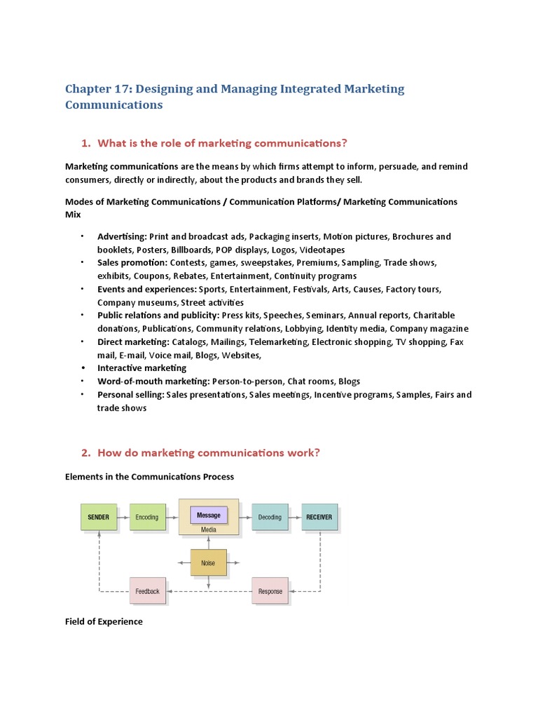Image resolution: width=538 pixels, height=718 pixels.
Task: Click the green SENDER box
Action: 98,517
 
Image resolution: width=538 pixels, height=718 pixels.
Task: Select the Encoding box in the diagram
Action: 147,517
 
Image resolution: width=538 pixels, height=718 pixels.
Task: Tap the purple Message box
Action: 208,515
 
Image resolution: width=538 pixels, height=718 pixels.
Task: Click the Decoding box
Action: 270,517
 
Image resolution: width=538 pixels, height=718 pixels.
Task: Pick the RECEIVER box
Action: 319,517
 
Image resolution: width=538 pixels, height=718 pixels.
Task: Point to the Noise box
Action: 208,562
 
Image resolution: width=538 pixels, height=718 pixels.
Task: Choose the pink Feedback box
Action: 147,591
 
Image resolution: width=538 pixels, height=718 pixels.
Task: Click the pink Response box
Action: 270,591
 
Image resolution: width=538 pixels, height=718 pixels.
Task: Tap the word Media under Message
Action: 208,530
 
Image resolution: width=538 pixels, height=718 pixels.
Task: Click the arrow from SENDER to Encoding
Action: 123,517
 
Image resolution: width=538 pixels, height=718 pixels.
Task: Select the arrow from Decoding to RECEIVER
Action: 294,517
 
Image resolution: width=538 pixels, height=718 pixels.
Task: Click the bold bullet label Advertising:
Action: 122,236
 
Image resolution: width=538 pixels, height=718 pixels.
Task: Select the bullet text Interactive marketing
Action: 142,367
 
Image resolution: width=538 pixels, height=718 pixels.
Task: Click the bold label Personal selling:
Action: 131,394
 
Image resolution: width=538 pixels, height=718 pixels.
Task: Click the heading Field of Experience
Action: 104,621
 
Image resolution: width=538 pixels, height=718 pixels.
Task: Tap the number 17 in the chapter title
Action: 121,89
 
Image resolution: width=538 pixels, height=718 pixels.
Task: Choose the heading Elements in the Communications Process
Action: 149,476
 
